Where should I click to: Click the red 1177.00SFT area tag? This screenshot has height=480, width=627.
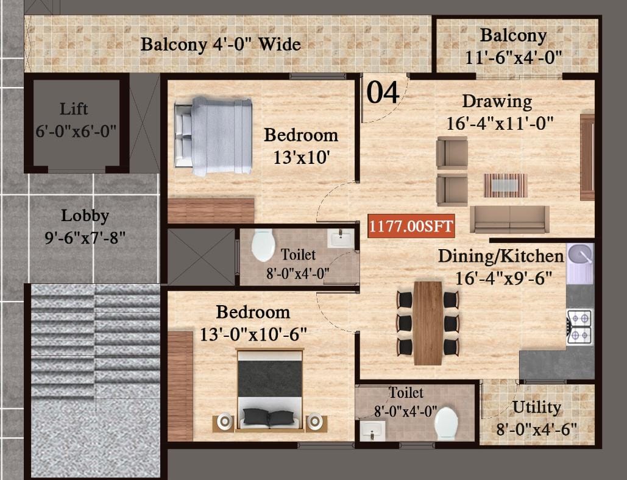pyautogui.click(x=411, y=226)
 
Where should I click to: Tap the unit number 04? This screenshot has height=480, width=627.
pyautogui.click(x=383, y=93)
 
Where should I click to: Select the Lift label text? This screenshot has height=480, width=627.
pyautogui.click(x=74, y=109)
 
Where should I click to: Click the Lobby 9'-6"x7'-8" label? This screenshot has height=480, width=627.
pyautogui.click(x=85, y=227)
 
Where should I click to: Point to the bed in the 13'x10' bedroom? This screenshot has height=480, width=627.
pyautogui.click(x=213, y=136)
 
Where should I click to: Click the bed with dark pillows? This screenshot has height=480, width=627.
pyautogui.click(x=270, y=390)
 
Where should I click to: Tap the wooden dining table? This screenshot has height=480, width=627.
pyautogui.click(x=428, y=323)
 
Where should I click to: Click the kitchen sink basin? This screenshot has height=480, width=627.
pyautogui.click(x=580, y=255)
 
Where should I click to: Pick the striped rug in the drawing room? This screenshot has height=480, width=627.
pyautogui.click(x=506, y=185)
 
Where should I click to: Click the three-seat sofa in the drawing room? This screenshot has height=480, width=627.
pyautogui.click(x=509, y=219)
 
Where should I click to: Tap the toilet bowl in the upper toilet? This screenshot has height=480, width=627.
pyautogui.click(x=263, y=245)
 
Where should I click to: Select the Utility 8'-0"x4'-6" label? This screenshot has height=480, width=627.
pyautogui.click(x=537, y=418)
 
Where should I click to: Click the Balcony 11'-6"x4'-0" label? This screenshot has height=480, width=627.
pyautogui.click(x=514, y=46)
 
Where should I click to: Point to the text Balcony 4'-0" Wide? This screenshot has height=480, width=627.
pyautogui.click(x=221, y=44)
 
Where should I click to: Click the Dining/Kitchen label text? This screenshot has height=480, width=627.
pyautogui.click(x=501, y=256)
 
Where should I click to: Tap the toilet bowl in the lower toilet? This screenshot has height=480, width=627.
pyautogui.click(x=446, y=424)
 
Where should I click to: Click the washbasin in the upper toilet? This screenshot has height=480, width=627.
pyautogui.click(x=341, y=239)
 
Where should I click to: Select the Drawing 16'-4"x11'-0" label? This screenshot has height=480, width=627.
pyautogui.click(x=500, y=112)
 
